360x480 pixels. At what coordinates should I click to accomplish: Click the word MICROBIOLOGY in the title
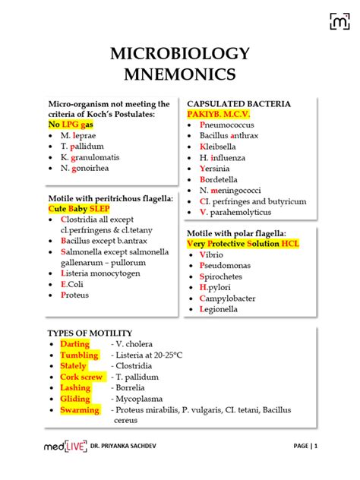click(180, 54)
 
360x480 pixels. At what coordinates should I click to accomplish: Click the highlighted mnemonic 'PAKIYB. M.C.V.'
click(218, 113)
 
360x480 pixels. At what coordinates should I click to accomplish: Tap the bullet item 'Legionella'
click(222, 309)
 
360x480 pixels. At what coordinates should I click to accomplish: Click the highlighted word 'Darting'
click(74, 344)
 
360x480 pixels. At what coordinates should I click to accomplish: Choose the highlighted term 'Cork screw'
click(81, 377)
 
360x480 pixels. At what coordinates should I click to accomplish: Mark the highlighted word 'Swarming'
click(80, 409)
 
